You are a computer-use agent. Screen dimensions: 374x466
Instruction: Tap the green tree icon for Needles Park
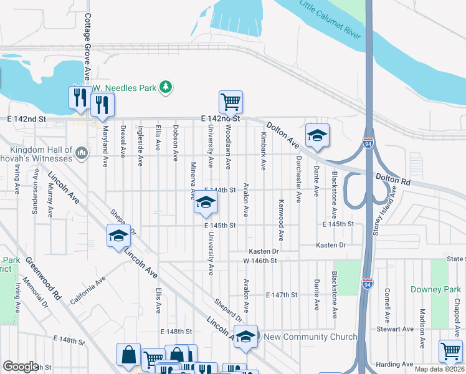(x=166, y=88)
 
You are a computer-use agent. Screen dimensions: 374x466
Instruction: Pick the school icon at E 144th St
(x=206, y=203)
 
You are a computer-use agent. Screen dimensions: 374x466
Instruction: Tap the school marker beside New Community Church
(x=246, y=337)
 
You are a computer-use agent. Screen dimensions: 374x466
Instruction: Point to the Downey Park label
(x=435, y=290)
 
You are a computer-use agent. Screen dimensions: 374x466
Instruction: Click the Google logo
(x=21, y=367)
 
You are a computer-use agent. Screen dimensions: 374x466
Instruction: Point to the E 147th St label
(x=282, y=294)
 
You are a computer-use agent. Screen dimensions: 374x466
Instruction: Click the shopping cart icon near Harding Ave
(x=450, y=350)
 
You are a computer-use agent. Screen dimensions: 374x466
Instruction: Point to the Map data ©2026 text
(x=439, y=368)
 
